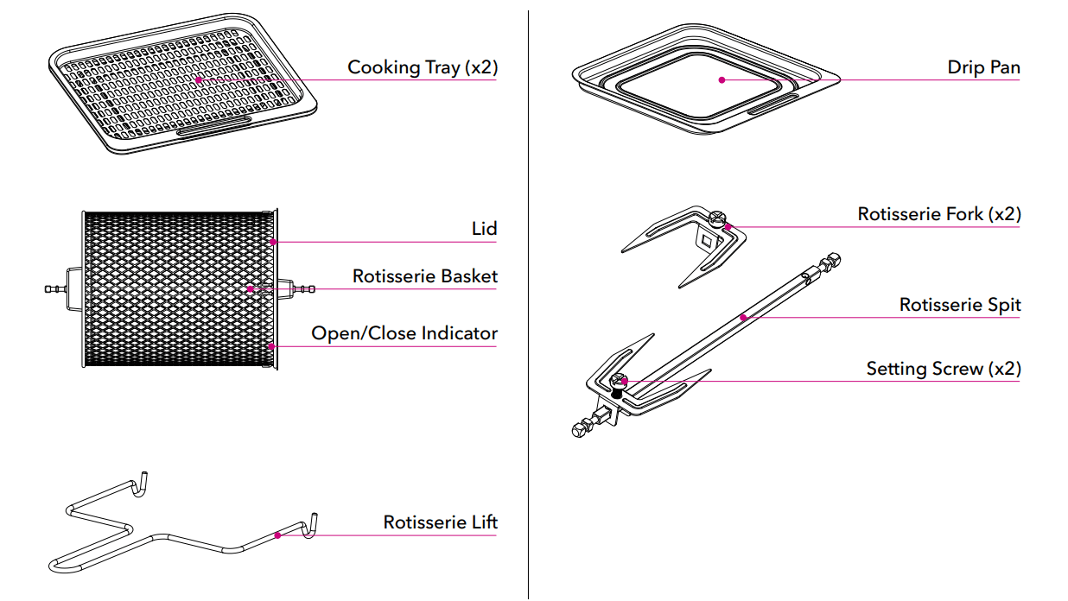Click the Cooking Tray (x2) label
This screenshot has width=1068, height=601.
422,67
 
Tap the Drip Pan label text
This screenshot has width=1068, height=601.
982,67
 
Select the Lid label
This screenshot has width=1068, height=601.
484,229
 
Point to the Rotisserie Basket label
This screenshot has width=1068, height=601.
424,276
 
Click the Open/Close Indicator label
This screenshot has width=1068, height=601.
404,333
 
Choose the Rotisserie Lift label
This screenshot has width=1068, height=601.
440,522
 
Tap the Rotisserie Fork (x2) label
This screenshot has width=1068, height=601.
938,214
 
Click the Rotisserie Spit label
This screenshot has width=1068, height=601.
959,305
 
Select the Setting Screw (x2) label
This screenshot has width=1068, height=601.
943,369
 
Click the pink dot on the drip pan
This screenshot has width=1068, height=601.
721,79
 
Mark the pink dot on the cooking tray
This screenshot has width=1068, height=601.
198,79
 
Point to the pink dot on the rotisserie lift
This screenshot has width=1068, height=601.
277,535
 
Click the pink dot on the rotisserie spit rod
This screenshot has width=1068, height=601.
742,317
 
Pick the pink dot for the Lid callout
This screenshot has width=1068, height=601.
273,242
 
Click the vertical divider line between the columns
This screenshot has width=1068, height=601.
528,302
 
